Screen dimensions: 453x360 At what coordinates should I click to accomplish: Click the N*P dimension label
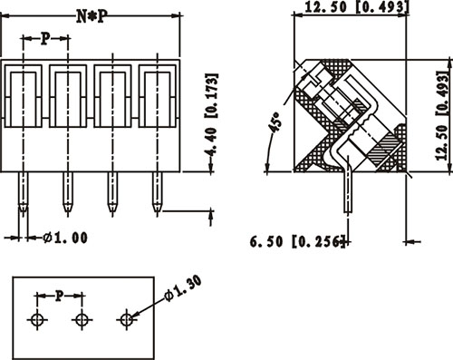[x=92, y=16]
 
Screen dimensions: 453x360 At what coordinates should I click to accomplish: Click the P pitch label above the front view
[x=45, y=39]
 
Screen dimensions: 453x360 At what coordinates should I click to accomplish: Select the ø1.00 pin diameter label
[x=65, y=238]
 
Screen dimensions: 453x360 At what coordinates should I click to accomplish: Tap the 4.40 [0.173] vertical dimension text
[x=211, y=115]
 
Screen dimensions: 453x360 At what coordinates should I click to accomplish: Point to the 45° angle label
[x=275, y=122]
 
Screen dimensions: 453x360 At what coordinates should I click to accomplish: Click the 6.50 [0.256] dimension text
[x=297, y=241]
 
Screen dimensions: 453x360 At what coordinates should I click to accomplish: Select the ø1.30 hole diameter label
[x=183, y=289]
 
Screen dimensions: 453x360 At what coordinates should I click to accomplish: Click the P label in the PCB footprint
[x=60, y=296]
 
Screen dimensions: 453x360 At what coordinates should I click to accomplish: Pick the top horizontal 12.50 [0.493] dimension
[x=357, y=7]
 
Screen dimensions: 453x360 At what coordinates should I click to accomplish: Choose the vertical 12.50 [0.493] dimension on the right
[x=442, y=115]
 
